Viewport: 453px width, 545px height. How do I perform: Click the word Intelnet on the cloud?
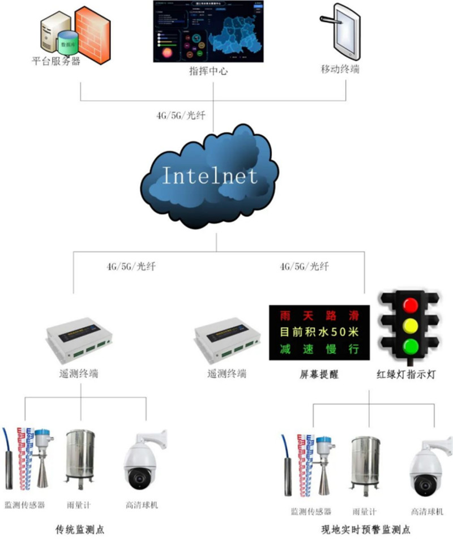[x=210, y=175]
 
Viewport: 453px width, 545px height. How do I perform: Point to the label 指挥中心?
[x=208, y=72]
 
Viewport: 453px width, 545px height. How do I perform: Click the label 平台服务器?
[x=56, y=61]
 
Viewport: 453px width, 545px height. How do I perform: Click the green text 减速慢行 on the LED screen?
[x=319, y=349]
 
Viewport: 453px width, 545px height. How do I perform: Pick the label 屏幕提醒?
[x=319, y=374]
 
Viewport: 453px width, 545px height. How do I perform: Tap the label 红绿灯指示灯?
[x=406, y=374]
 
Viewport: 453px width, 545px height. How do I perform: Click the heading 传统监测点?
[x=80, y=530]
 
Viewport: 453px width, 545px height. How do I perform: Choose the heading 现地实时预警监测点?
[x=365, y=530]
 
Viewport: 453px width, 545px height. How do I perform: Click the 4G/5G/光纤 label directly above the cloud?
[x=181, y=115]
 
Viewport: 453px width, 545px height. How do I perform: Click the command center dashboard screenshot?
[x=208, y=31]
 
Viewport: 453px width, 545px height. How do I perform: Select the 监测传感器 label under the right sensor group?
[x=310, y=511]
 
